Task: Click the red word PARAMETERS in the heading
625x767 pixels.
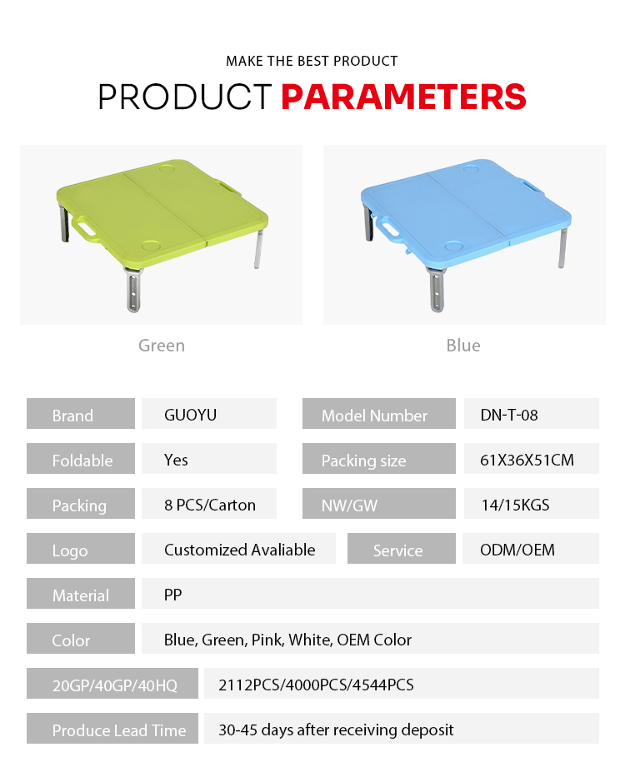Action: pyautogui.click(x=404, y=97)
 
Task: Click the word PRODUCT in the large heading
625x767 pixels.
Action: pyautogui.click(x=185, y=97)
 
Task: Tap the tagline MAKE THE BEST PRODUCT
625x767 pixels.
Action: pyautogui.click(x=312, y=61)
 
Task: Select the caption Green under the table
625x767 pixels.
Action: pyautogui.click(x=162, y=346)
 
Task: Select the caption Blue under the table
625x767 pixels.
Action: pyautogui.click(x=463, y=346)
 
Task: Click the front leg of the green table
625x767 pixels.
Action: pyautogui.click(x=133, y=290)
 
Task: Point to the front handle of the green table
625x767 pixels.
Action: pyautogui.click(x=86, y=228)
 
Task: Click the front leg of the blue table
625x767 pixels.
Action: pyautogui.click(x=437, y=290)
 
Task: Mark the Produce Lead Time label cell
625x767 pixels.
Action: pyautogui.click(x=112, y=729)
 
